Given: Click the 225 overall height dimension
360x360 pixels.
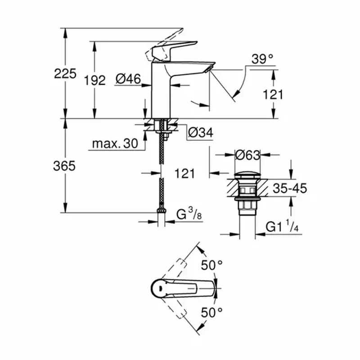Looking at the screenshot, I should [x=65, y=73].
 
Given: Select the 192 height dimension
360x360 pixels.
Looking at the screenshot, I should [x=95, y=81].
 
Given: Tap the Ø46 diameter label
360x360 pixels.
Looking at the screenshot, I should [x=128, y=79].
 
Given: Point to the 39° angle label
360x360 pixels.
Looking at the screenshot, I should [x=263, y=59].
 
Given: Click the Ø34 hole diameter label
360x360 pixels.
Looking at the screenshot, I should [x=200, y=133].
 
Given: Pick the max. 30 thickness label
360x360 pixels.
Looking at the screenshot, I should [x=114, y=144].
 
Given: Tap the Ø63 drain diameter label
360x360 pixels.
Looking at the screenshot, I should [x=248, y=155].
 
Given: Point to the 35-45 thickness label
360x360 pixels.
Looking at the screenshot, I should [x=291, y=188].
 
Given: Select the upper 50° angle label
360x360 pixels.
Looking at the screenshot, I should [x=211, y=265].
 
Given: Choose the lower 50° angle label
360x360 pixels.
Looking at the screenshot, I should [x=211, y=311].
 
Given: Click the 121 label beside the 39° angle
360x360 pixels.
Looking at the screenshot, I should [x=273, y=94].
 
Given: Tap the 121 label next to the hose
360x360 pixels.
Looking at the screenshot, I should [x=184, y=173].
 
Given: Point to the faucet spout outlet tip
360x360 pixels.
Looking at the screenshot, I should [x=208, y=67].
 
